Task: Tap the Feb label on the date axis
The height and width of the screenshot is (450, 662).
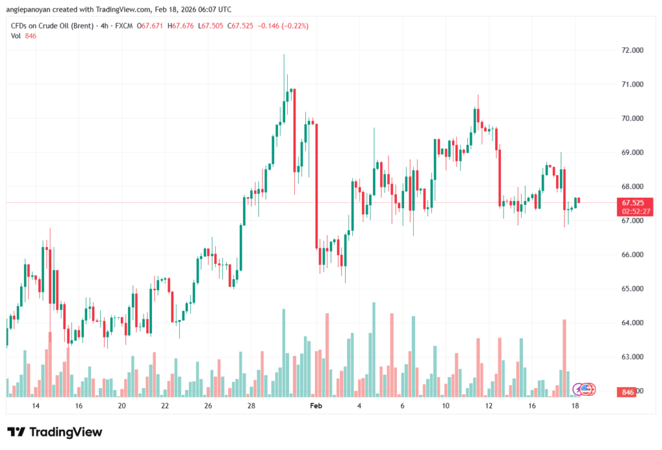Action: tap(315, 406)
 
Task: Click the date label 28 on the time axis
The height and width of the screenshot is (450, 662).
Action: tap(251, 406)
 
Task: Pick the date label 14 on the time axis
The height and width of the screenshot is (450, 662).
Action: tap(36, 406)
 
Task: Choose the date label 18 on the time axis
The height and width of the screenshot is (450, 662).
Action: tap(575, 406)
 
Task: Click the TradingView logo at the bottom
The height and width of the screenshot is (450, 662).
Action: tap(55, 432)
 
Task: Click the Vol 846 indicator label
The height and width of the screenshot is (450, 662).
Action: tap(23, 36)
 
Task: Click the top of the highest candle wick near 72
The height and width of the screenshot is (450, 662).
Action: tap(284, 55)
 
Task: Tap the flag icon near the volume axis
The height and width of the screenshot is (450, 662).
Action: tap(587, 389)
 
